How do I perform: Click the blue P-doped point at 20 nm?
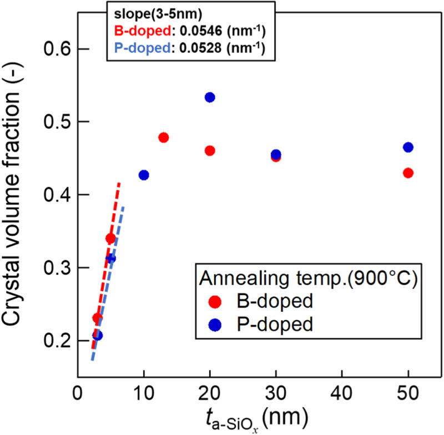(x=210, y=97)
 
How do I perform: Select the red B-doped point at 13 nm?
(x=164, y=138)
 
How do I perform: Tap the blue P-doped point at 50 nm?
(x=408, y=147)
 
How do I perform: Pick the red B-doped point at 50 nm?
(x=408, y=173)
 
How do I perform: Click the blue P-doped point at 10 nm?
(x=144, y=175)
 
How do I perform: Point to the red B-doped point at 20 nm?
(x=210, y=150)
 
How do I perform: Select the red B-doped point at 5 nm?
(x=110, y=239)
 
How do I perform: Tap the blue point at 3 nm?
(x=98, y=335)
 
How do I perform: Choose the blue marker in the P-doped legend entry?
(x=217, y=324)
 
